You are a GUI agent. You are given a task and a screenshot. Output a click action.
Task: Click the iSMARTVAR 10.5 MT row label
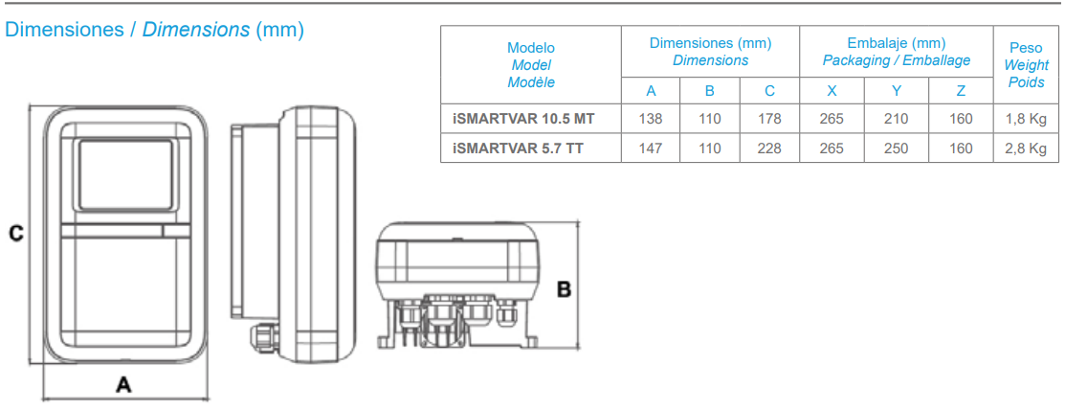click(523, 119)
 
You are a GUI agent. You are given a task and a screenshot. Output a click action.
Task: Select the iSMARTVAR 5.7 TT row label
click(518, 148)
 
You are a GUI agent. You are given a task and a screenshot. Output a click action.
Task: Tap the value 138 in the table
click(651, 119)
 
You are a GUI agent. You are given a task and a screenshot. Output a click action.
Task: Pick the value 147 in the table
click(651, 148)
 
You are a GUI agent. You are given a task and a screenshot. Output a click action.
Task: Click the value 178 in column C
click(769, 119)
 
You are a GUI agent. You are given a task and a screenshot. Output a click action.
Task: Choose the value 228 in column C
click(769, 148)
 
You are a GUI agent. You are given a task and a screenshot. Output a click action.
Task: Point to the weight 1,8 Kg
click(1027, 119)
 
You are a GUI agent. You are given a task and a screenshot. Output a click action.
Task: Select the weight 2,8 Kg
click(1027, 148)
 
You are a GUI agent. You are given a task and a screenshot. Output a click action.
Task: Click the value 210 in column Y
click(896, 119)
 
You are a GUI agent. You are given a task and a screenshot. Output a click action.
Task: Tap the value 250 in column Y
click(896, 148)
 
